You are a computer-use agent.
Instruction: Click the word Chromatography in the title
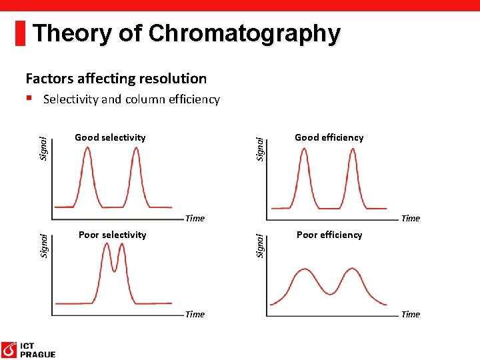[244, 33]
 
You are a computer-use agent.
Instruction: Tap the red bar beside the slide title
[20, 33]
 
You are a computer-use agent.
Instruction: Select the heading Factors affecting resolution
[116, 79]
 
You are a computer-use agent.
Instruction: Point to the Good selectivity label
[110, 137]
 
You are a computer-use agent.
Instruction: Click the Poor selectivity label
[112, 235]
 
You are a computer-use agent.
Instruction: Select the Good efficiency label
[329, 137]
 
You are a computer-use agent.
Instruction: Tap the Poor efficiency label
[329, 235]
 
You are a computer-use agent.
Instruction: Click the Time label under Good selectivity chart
[195, 218]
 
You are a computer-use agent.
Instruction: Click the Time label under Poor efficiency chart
[411, 314]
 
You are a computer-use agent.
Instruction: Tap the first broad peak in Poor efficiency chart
[304, 270]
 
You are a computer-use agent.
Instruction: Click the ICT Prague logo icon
[9, 349]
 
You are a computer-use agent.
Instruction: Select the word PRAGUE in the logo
[38, 355]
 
